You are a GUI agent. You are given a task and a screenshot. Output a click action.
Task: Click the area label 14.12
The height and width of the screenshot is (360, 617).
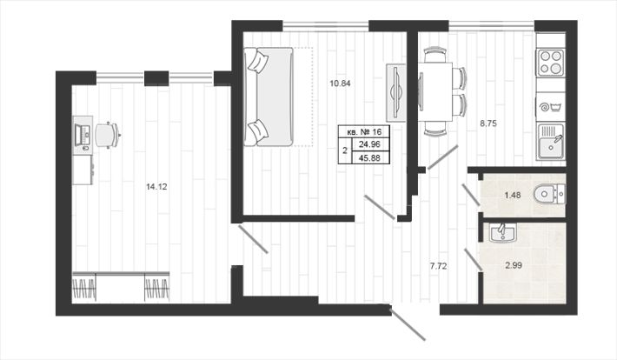(x=156, y=187)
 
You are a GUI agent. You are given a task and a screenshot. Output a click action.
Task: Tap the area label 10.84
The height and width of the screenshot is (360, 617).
(x=340, y=83)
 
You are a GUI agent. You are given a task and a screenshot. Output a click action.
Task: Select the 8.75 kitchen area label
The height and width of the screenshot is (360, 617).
(x=488, y=123)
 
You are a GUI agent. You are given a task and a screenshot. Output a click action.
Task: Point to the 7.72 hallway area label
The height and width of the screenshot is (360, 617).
(x=438, y=266)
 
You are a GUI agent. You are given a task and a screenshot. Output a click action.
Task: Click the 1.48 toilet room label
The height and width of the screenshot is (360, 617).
(x=513, y=195)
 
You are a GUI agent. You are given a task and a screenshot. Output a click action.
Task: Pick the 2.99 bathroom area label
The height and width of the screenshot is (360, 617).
(x=514, y=265)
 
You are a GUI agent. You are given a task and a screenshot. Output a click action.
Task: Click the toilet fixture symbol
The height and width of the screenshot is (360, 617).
(x=550, y=194)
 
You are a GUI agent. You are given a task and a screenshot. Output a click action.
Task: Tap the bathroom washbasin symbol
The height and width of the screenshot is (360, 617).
(x=503, y=232)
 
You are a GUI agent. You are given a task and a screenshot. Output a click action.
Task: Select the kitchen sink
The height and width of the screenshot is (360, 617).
(x=550, y=142)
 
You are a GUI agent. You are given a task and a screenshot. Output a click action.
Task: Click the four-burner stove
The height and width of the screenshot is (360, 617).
(x=550, y=63)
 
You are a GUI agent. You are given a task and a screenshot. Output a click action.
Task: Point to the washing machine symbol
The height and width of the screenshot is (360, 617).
(x=550, y=107)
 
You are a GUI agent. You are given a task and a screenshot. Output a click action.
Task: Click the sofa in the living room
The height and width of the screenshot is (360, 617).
(x=269, y=97)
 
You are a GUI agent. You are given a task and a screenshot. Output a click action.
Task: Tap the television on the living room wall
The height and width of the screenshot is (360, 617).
(x=396, y=92)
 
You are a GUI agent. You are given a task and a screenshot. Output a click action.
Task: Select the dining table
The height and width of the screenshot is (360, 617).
(x=435, y=91)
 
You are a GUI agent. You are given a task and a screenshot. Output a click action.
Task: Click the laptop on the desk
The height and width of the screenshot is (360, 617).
(x=83, y=135)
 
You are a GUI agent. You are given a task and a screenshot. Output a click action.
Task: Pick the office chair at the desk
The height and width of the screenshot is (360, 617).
(x=107, y=135)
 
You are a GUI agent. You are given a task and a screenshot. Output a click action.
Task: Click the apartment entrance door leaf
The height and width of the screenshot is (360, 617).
(x=408, y=324)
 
